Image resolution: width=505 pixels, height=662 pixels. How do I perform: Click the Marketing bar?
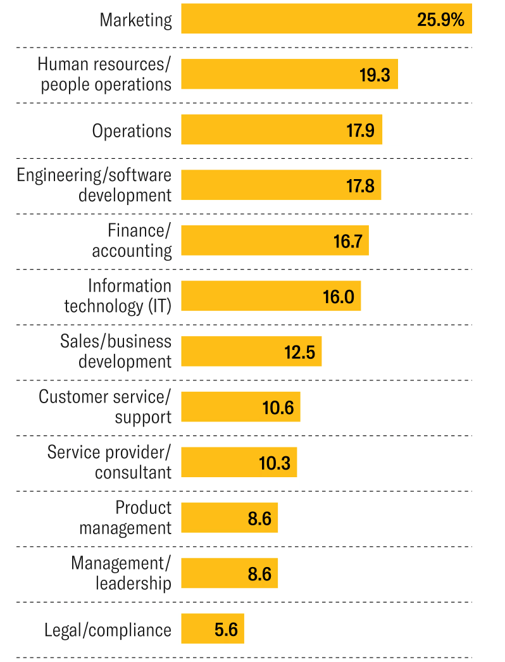(297, 19)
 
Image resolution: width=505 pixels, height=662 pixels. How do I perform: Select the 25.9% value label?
(440, 20)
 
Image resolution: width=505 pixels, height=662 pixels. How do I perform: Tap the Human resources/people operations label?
(104, 74)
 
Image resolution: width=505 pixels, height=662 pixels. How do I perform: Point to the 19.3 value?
(375, 75)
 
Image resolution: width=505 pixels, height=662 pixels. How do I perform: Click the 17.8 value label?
(360, 186)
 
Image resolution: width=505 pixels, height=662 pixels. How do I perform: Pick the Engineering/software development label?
(94, 185)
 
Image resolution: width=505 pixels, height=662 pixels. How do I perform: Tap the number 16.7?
(347, 241)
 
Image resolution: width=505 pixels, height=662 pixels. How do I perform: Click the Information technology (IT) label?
(118, 296)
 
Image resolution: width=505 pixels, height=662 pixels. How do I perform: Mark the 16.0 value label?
(339, 296)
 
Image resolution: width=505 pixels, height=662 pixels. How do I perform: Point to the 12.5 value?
(299, 352)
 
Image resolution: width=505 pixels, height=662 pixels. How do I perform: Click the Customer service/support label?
(105, 406)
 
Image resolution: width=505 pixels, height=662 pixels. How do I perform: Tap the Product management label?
(125, 517)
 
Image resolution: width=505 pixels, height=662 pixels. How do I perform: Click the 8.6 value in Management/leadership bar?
(259, 574)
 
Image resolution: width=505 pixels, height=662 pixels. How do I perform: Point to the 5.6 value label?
(226, 630)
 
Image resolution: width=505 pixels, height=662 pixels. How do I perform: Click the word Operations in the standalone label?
(132, 130)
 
